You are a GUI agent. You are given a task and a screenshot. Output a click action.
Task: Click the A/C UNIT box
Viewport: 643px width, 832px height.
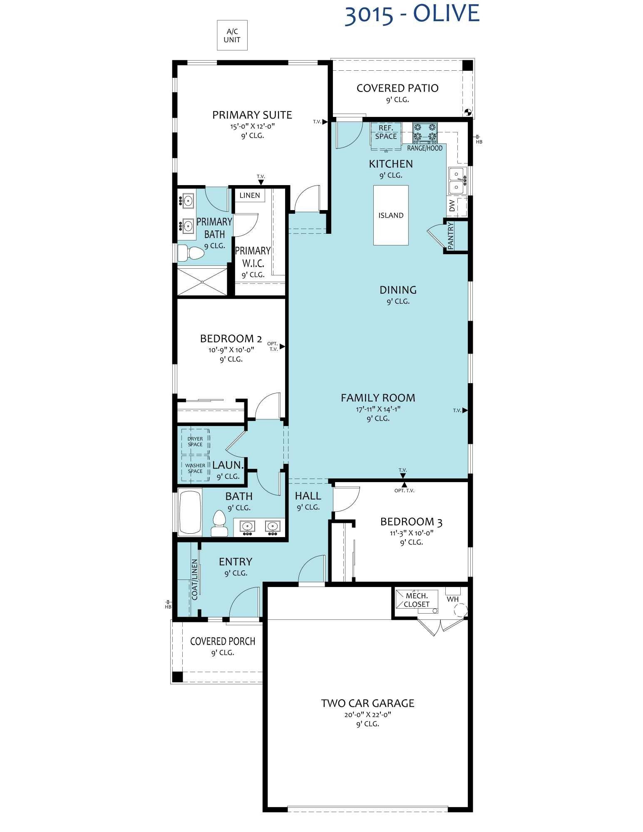pos(232,35)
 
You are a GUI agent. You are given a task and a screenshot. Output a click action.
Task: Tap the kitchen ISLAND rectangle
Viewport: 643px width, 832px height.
pos(390,215)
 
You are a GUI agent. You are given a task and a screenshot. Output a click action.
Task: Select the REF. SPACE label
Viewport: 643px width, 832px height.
pos(386,132)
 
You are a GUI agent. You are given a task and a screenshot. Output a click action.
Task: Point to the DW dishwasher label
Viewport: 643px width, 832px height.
pos(452,206)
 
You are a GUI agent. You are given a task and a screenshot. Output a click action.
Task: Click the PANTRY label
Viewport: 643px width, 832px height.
pos(451,236)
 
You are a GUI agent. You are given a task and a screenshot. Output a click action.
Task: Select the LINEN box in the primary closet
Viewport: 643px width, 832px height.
pos(250,195)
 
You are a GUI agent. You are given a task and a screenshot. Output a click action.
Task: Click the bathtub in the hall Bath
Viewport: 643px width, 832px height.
pos(190,512)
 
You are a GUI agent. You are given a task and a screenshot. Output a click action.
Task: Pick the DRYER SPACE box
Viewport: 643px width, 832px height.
pos(195,441)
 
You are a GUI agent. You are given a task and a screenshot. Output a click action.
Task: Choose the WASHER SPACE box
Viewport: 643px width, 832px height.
pos(195,468)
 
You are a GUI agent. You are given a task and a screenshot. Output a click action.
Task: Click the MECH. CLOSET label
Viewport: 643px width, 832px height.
pos(417,600)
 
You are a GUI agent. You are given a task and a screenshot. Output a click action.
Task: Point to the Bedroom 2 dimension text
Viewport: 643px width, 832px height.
pos(231,350)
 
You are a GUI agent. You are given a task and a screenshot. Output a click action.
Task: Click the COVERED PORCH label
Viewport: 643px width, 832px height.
pos(222,641)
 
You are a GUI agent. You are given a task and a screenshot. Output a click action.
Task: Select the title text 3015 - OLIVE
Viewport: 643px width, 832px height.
pos(412,14)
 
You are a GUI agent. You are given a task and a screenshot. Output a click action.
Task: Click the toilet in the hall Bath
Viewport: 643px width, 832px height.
pos(219,523)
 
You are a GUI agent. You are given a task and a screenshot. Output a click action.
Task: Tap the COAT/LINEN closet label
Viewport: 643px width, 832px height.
pos(194,579)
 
